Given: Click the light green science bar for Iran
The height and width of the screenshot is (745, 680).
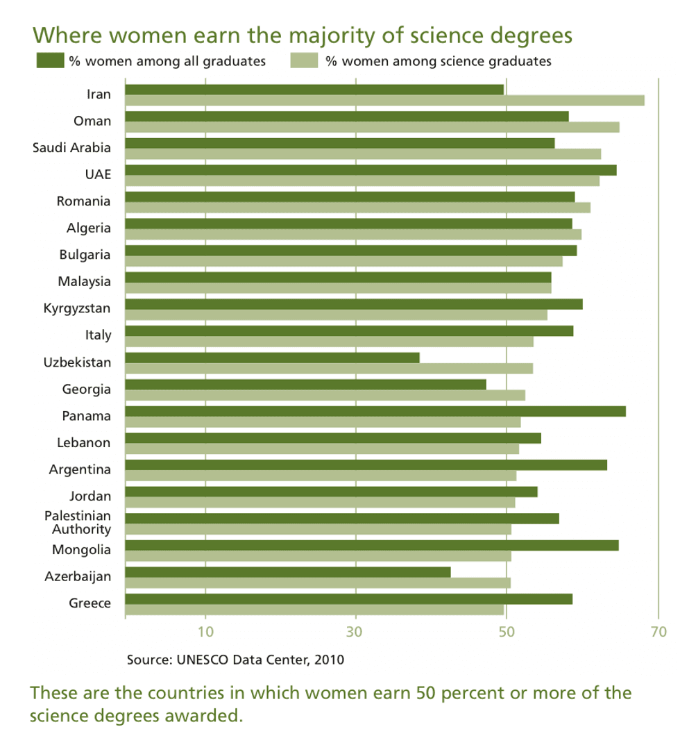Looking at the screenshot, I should [384, 100].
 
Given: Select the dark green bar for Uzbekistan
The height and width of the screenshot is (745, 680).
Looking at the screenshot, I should [273, 358].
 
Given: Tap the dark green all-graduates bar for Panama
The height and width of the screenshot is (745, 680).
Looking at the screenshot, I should [375, 411].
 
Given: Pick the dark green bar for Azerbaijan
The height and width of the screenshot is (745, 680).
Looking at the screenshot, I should [288, 572].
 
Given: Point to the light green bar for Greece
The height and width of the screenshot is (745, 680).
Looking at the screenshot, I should [314, 610].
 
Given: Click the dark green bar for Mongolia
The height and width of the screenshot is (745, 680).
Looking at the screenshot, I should [372, 545].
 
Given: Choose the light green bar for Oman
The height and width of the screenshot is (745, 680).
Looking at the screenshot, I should [372, 127].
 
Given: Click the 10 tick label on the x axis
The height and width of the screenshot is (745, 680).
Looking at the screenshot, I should [205, 632].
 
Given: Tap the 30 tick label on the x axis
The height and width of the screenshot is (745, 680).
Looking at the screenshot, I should [356, 632].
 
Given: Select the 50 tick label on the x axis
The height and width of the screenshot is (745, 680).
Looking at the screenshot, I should [507, 632].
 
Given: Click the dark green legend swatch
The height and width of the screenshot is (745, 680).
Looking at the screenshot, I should [50, 60].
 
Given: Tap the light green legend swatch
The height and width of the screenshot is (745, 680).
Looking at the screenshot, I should [303, 60].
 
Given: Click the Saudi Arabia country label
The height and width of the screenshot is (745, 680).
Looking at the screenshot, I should [72, 147].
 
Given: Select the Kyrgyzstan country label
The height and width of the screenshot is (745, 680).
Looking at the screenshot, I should [77, 308].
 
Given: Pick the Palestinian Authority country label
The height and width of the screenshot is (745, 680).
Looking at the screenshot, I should [78, 523].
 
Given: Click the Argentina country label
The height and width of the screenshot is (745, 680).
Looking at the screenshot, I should [80, 469].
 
